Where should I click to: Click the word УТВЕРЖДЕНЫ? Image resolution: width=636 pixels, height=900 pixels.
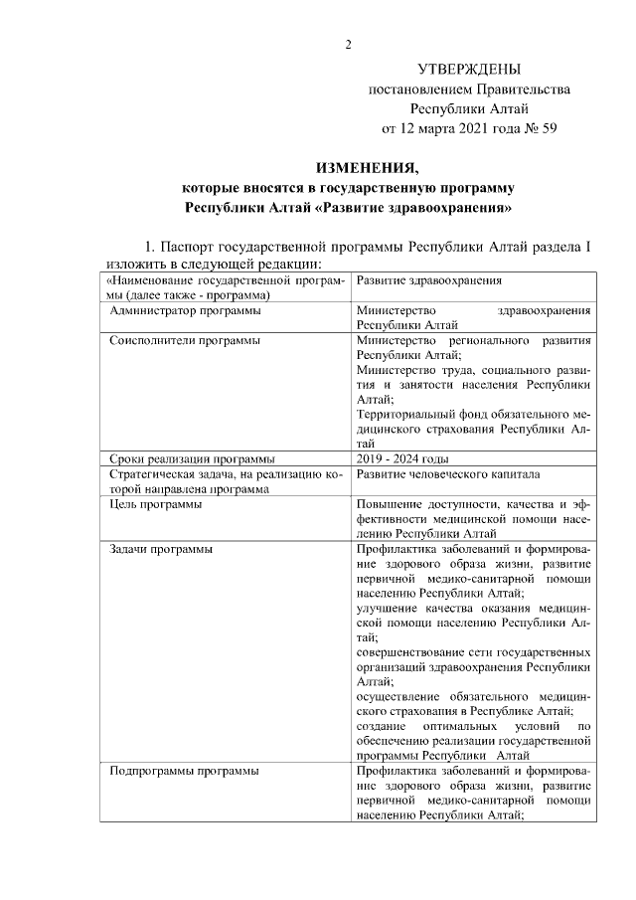(468, 69)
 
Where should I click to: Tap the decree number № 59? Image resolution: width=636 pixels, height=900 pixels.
(537, 128)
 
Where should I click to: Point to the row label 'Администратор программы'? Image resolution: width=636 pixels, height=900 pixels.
(186, 311)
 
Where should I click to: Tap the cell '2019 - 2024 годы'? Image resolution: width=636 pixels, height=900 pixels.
(402, 458)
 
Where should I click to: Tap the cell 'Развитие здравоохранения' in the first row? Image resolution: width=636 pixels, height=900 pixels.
(429, 281)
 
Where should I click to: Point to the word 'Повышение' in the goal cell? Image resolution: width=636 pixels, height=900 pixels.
(389, 504)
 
